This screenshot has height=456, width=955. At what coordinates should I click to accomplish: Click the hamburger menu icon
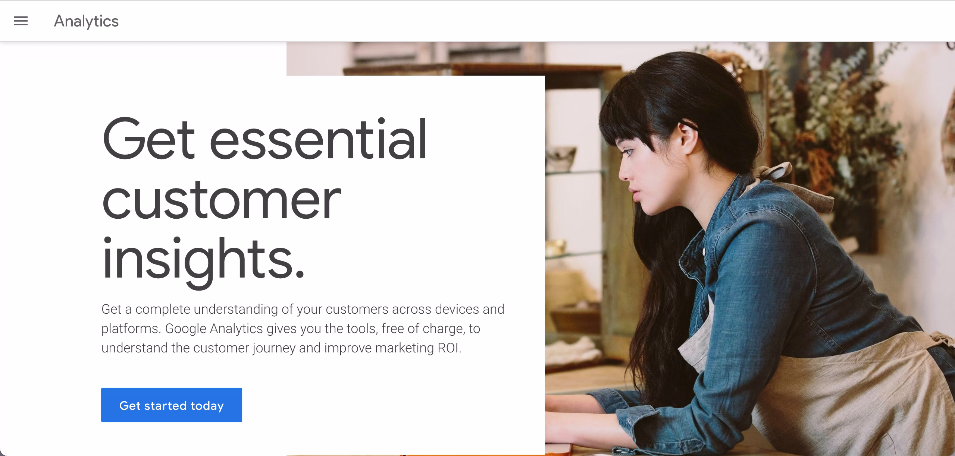[x=21, y=21]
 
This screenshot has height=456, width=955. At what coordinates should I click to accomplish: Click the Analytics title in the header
[x=86, y=21]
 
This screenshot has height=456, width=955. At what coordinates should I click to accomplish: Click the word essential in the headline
[x=318, y=139]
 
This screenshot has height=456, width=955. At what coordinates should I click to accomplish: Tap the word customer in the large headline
[x=221, y=199]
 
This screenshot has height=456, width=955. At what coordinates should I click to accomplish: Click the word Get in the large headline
[x=148, y=139]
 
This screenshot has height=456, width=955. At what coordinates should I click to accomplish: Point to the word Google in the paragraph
[x=185, y=329]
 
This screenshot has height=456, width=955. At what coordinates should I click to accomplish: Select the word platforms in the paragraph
[x=131, y=329]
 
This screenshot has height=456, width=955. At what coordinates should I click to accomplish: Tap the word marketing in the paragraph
[x=404, y=348]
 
